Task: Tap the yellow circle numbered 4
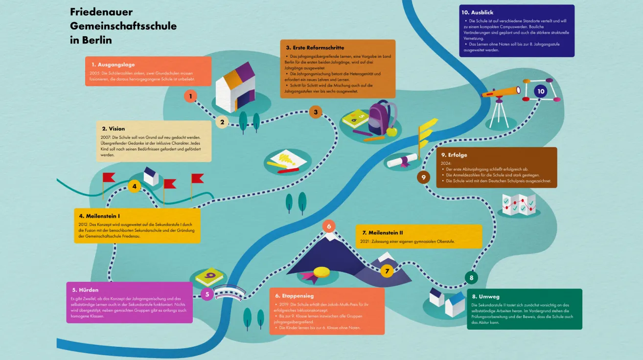pyautogui.click(x=134, y=186)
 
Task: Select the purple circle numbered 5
pyautogui.click(x=207, y=294)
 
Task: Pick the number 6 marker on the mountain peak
pyautogui.click(x=329, y=226)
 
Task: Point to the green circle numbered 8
pyautogui.click(x=471, y=278)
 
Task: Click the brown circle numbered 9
pyautogui.click(x=424, y=177)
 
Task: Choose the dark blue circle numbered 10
pyautogui.click(x=540, y=91)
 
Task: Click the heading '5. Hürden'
pyautogui.click(x=85, y=290)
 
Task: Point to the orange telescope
pyautogui.click(x=501, y=91)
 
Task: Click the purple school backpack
pyautogui.click(x=378, y=119)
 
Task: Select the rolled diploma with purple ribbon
pyautogui.click(x=402, y=160)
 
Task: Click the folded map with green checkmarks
pyautogui.click(x=519, y=204)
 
